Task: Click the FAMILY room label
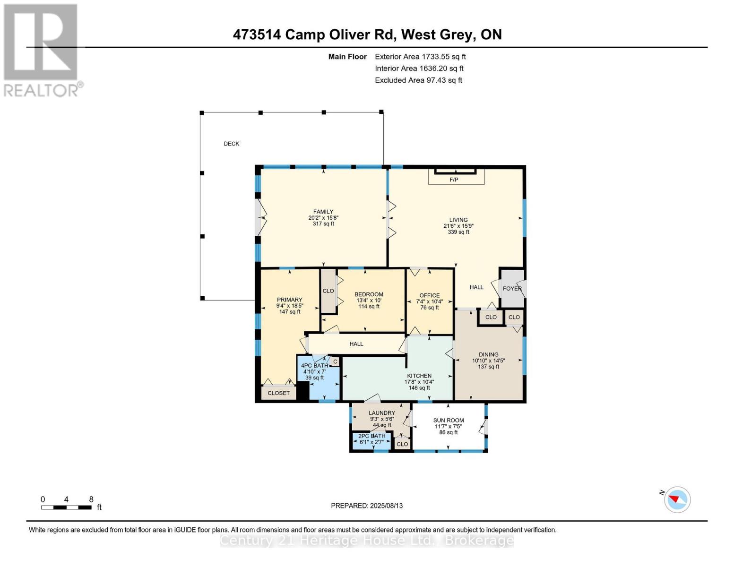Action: pyautogui.click(x=323, y=212)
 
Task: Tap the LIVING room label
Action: pyautogui.click(x=458, y=220)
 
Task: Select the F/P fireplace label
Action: pyautogui.click(x=454, y=180)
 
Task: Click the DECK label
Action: pyautogui.click(x=232, y=144)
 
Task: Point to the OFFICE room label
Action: pyautogui.click(x=429, y=295)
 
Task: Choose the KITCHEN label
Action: pyautogui.click(x=419, y=376)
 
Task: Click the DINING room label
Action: pyautogui.click(x=488, y=354)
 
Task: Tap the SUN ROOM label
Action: pyautogui.click(x=449, y=420)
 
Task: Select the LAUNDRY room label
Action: pyautogui.click(x=382, y=412)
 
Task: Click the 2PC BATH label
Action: pyautogui.click(x=371, y=436)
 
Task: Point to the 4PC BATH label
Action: pyautogui.click(x=314, y=366)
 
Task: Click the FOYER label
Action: pyautogui.click(x=512, y=288)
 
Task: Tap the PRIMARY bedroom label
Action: pyautogui.click(x=289, y=300)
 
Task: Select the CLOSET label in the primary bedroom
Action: pyautogui.click(x=278, y=393)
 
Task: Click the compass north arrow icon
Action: pyautogui.click(x=677, y=499)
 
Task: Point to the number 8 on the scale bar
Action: pyautogui.click(x=91, y=499)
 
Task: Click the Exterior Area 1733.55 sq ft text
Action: pyautogui.click(x=420, y=57)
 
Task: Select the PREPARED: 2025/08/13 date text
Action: pyautogui.click(x=367, y=506)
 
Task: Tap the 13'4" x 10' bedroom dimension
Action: pyautogui.click(x=369, y=301)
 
